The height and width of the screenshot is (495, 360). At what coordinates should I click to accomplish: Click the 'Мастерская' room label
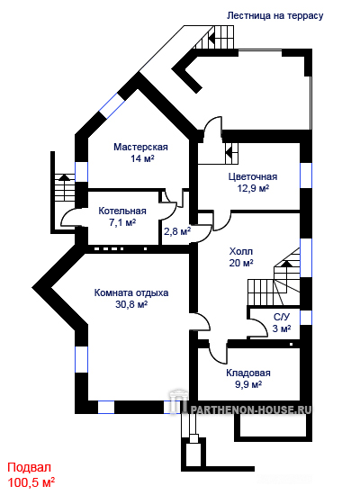pyautogui.click(x=140, y=147)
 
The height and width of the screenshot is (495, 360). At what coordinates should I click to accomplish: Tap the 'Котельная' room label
pyautogui.click(x=122, y=211)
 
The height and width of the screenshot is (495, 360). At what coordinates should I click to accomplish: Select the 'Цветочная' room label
pyautogui.click(x=253, y=176)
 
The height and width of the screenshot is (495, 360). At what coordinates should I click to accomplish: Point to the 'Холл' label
pyautogui.click(x=241, y=252)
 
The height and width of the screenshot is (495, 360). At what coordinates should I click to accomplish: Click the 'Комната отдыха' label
pyautogui.click(x=131, y=293)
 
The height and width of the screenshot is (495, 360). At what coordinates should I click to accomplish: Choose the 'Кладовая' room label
pyautogui.click(x=248, y=373)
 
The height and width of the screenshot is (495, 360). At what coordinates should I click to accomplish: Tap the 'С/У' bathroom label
pyautogui.click(x=282, y=317)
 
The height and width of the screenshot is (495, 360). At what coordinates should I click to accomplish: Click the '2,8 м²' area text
pyautogui.click(x=177, y=231)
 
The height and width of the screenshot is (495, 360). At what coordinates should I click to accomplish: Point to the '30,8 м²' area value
pyautogui.click(x=131, y=304)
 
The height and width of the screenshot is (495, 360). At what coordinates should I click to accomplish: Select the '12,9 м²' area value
pyautogui.click(x=253, y=188)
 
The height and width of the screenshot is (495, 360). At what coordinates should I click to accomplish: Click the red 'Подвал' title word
pyautogui.click(x=29, y=467)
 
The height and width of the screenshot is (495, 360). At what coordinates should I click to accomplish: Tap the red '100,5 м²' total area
pyautogui.click(x=31, y=482)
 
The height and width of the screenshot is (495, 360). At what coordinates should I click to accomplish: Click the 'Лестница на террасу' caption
pyautogui.click(x=274, y=16)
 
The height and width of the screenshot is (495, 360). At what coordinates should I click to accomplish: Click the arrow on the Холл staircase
pyautogui.click(x=287, y=264)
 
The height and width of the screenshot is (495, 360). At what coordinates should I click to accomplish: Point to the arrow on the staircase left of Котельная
pyautogui.click(x=65, y=176)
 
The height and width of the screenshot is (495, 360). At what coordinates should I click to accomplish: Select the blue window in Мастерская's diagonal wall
pyautogui.click(x=112, y=106)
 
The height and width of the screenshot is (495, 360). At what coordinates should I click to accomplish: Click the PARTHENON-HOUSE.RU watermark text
pyautogui.click(x=250, y=409)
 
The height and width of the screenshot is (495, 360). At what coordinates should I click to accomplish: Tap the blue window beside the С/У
pyautogui.click(x=306, y=318)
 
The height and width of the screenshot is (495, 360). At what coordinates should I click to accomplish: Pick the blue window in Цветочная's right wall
pyautogui.click(x=306, y=175)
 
